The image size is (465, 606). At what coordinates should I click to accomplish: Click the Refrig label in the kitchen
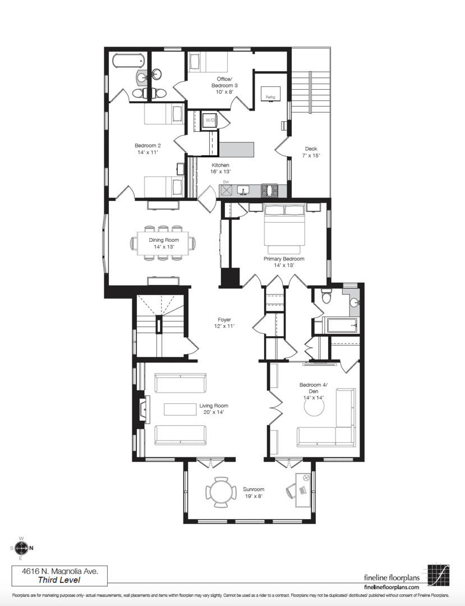pyautogui.click(x=270, y=97)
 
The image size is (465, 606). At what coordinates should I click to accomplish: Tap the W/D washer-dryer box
pyautogui.click(x=210, y=120)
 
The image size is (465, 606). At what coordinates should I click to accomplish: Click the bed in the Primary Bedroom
pyautogui.click(x=284, y=228)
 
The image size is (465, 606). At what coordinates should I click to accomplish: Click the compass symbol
pyautogui.click(x=21, y=548)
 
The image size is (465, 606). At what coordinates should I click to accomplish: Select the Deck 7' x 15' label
pyautogui.click(x=311, y=152)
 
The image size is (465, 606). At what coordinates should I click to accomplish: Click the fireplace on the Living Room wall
pyautogui.click(x=142, y=408)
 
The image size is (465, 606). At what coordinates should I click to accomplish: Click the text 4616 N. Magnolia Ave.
pyautogui.click(x=59, y=571)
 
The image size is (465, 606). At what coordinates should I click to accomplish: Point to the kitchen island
pyautogui.click(x=236, y=149)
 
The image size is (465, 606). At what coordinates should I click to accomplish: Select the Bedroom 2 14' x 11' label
pyautogui.click(x=148, y=149)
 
